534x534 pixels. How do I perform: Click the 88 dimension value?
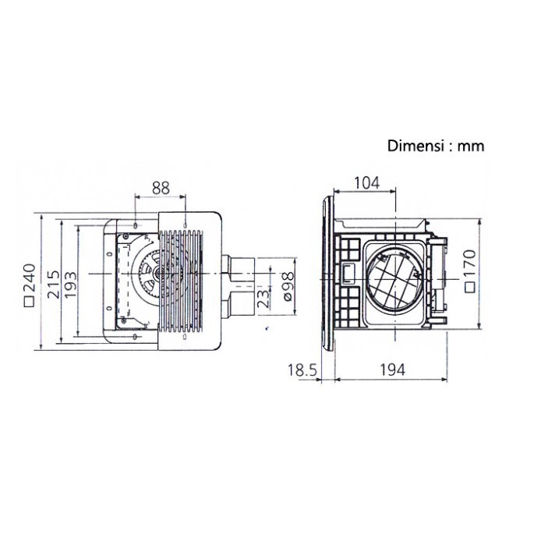[x=161, y=188]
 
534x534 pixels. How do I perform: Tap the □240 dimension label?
[x=30, y=285]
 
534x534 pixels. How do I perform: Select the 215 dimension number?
[x=53, y=285]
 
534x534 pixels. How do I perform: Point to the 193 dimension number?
[x=70, y=285]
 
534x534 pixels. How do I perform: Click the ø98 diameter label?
[x=288, y=286]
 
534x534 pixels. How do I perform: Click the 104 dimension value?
[x=367, y=183]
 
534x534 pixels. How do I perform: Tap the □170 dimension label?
[x=470, y=271]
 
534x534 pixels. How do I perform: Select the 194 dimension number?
[x=392, y=370]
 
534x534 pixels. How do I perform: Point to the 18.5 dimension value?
[x=302, y=370]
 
